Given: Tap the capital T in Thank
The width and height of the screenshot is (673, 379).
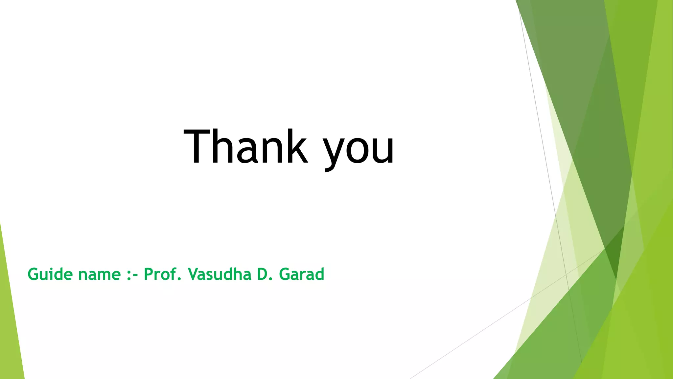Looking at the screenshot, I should (x=197, y=146).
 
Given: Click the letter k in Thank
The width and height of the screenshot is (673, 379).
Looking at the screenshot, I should (x=296, y=146).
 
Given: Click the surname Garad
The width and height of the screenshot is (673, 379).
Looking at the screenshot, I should (x=301, y=274).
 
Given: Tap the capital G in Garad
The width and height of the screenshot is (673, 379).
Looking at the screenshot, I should (x=285, y=274).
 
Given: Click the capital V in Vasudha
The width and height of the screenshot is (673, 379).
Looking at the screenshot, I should (x=194, y=274).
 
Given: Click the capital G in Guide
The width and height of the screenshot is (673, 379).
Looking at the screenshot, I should (x=33, y=274).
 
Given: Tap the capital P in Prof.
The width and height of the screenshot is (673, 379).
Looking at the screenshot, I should (x=149, y=274).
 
